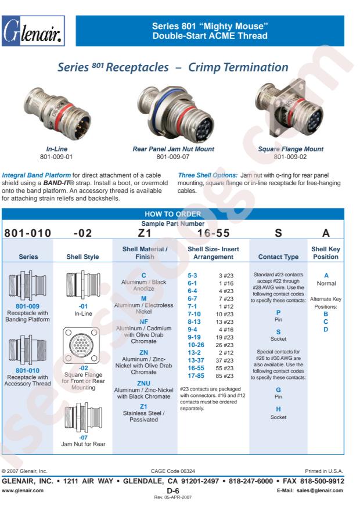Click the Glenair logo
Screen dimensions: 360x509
click(33, 31)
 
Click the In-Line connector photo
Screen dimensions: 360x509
click(57, 113)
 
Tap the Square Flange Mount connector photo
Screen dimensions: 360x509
click(289, 111)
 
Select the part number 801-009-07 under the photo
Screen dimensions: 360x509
click(172, 157)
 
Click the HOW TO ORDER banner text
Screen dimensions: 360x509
click(172, 214)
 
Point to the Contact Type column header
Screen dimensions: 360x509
click(278, 257)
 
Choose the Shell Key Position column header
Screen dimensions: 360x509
click(326, 253)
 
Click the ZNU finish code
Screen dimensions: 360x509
click(143, 384)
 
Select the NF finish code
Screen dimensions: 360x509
click(143, 322)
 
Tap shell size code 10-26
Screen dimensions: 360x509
click(196, 345)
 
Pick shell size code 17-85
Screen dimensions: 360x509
click(196, 376)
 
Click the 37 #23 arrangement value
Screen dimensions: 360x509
click(225, 360)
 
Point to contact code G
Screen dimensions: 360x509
click(278, 390)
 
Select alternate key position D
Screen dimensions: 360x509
click(326, 330)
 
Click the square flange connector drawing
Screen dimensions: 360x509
click(81, 345)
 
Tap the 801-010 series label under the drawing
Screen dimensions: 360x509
click(28, 370)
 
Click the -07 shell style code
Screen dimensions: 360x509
click(83, 438)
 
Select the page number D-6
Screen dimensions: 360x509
click(172, 491)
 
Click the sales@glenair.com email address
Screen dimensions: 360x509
click(320, 490)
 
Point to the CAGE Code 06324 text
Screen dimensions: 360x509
click(172, 471)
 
